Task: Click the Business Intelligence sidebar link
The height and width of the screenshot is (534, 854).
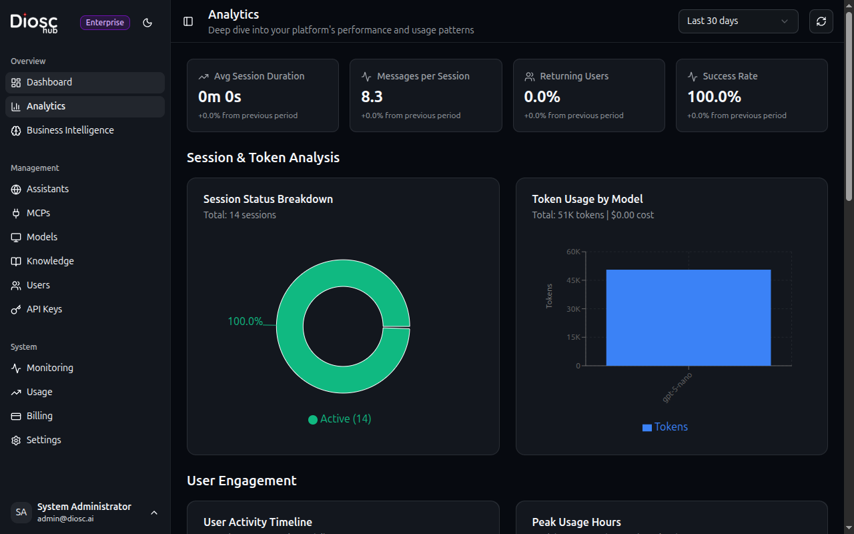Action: pyautogui.click(x=70, y=130)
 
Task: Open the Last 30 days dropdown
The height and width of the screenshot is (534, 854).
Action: pyautogui.click(x=738, y=21)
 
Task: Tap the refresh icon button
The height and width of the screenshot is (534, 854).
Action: pyautogui.click(x=821, y=21)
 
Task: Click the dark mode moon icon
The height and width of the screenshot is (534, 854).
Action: pyautogui.click(x=147, y=23)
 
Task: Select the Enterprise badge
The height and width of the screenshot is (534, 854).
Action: pyautogui.click(x=105, y=23)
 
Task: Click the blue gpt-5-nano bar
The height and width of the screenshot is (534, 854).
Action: pyautogui.click(x=688, y=318)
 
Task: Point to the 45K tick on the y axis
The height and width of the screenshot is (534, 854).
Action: pyautogui.click(x=572, y=280)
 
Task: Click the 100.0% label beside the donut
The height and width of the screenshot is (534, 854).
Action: pyautogui.click(x=245, y=322)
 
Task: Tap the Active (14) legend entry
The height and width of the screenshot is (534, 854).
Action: pyautogui.click(x=340, y=419)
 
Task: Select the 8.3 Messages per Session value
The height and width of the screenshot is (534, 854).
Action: pyautogui.click(x=372, y=97)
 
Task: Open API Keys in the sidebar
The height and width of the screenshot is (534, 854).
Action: pyautogui.click(x=44, y=309)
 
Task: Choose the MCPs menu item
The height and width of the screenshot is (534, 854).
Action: pyautogui.click(x=38, y=213)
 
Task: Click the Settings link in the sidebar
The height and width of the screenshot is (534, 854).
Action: pyautogui.click(x=43, y=440)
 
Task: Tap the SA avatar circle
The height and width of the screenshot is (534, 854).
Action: pyautogui.click(x=21, y=512)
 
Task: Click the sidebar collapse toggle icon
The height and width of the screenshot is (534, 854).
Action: pyautogui.click(x=188, y=21)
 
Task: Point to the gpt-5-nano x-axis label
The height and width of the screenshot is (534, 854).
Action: pyautogui.click(x=677, y=387)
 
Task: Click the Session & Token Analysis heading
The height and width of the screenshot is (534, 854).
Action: pyautogui.click(x=263, y=158)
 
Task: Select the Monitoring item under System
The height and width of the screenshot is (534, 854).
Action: pyautogui.click(x=49, y=368)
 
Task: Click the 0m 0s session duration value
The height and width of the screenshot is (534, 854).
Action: pyautogui.click(x=220, y=97)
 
